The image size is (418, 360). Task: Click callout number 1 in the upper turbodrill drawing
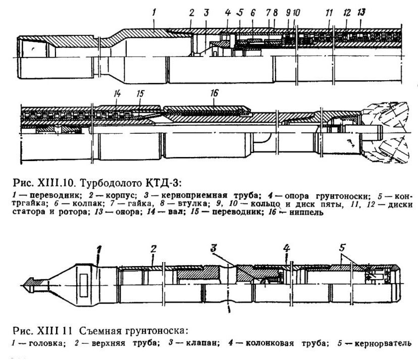pos(154,12)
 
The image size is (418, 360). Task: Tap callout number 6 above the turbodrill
pos(253,13)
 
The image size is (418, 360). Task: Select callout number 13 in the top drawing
pos(361,12)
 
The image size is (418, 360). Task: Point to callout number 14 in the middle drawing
pos(117,93)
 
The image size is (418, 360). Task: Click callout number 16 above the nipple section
pos(214,93)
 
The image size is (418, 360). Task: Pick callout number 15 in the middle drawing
pos(140,93)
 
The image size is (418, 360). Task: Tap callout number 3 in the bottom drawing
pos(214,248)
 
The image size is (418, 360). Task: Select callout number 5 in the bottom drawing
pos(342,248)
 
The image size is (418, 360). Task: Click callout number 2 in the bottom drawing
pos(153,249)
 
